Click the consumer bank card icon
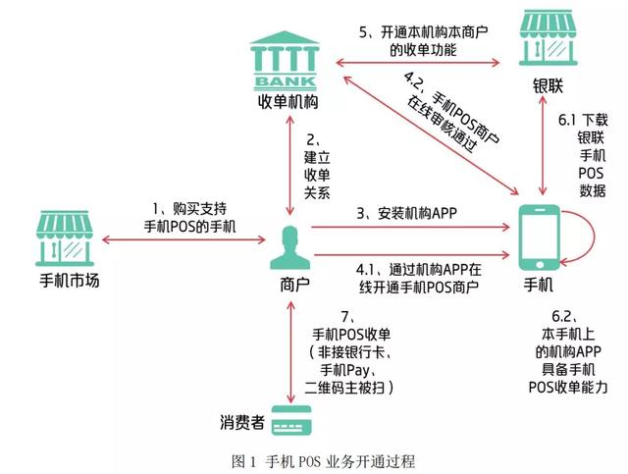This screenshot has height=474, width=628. point(287,423)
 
